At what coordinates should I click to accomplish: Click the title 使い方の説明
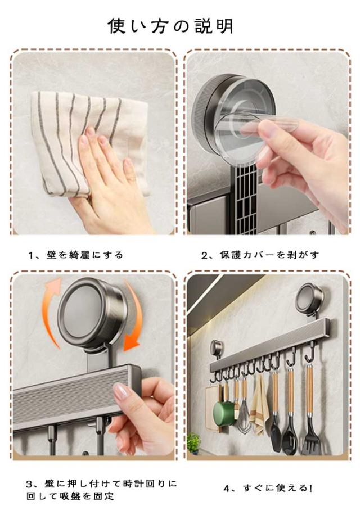coord(170,26)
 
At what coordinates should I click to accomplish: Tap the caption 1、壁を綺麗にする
coord(76,255)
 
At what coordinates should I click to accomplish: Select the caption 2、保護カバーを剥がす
coord(260,255)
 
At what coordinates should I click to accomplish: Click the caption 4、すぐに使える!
coord(268,488)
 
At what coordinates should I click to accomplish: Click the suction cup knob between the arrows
coord(91,313)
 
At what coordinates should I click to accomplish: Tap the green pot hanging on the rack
coord(224,412)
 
